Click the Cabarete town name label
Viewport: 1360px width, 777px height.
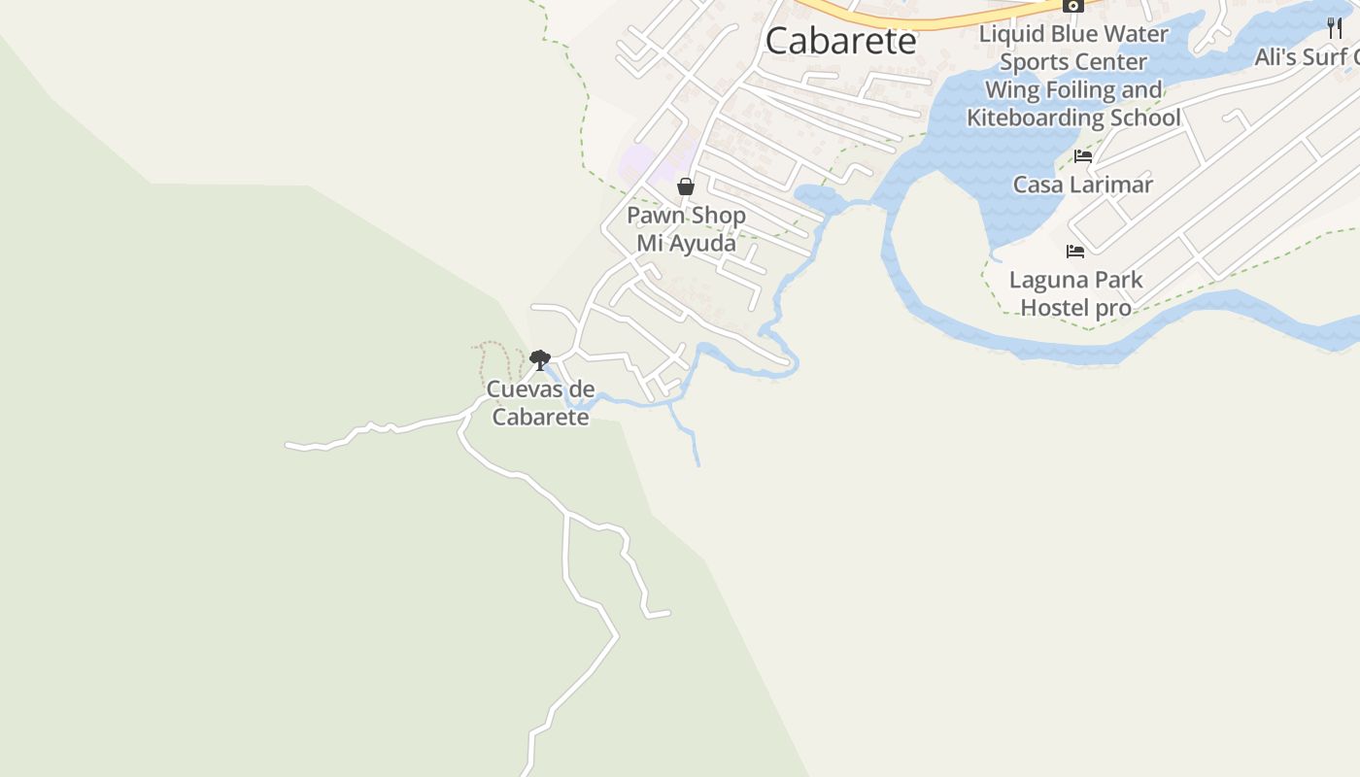click(840, 41)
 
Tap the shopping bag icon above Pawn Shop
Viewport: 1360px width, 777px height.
click(686, 186)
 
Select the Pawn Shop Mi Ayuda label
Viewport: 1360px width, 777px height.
click(686, 229)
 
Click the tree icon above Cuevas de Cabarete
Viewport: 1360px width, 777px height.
click(540, 360)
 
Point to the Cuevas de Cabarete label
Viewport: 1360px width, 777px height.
click(540, 403)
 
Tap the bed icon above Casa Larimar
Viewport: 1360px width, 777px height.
click(1083, 155)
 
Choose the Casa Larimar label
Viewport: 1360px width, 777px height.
click(1083, 185)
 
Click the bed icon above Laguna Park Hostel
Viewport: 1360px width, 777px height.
click(1075, 251)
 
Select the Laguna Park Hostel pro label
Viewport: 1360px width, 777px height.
click(1075, 293)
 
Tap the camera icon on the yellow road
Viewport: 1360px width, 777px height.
click(1073, 5)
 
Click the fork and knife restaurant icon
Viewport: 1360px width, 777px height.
click(1335, 27)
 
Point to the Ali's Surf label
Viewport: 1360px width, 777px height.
click(1307, 57)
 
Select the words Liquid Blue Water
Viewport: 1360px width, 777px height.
click(1073, 34)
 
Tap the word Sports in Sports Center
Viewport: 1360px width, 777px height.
click(1035, 62)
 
